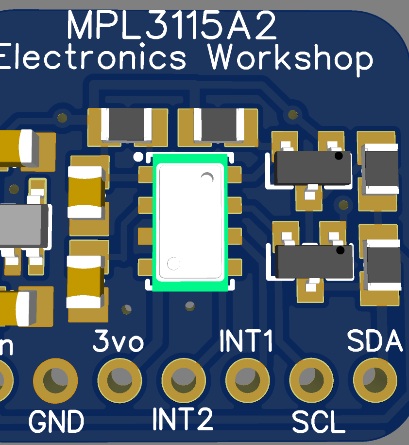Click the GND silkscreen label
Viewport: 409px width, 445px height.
click(x=56, y=421)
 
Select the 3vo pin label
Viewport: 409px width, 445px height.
click(x=119, y=342)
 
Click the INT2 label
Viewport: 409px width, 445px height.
click(x=183, y=419)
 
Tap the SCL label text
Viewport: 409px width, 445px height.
click(x=318, y=422)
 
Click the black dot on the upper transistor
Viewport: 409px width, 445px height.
click(x=339, y=156)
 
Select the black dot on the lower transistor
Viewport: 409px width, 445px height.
click(x=340, y=250)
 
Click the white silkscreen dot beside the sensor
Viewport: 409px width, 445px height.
click(x=138, y=157)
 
